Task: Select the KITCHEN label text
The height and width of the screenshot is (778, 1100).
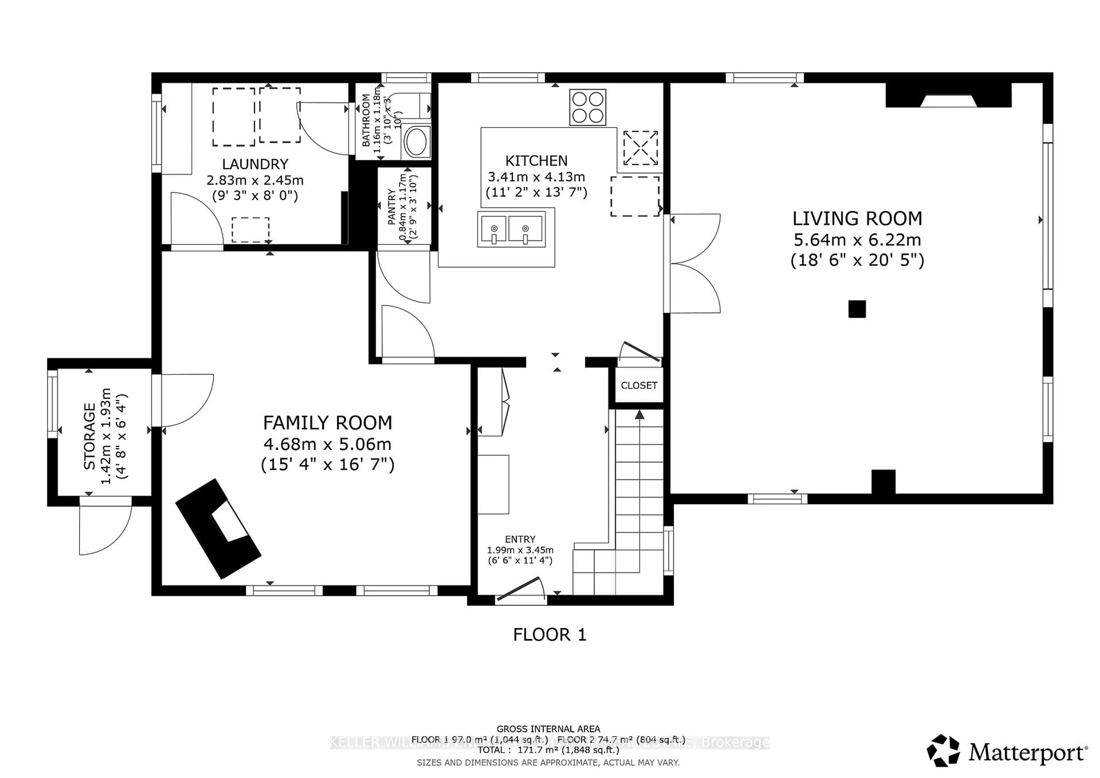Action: [536, 161]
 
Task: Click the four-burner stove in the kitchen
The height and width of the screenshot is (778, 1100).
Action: [587, 107]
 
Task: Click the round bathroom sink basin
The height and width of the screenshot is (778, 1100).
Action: [416, 141]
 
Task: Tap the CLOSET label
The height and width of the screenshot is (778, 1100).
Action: [639, 386]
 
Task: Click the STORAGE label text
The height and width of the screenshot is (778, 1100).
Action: [90, 436]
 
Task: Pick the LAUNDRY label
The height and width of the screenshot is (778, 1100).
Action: [255, 164]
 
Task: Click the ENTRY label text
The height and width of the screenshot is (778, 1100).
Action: [520, 539]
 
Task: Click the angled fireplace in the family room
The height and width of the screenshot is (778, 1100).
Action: [219, 529]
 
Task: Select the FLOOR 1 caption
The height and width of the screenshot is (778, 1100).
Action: [549, 635]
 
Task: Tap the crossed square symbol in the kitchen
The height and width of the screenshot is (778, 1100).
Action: [640, 148]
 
